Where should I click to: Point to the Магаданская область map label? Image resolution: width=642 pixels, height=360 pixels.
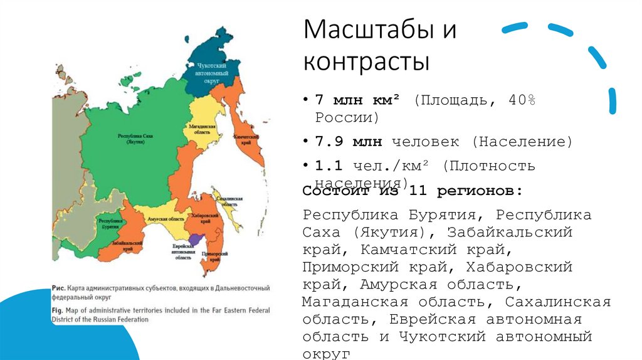pyautogui.click(x=202, y=130)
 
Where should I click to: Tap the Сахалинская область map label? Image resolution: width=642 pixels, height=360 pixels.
pyautogui.click(x=228, y=201)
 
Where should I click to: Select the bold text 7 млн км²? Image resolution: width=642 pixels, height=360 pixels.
pyautogui.click(x=360, y=100)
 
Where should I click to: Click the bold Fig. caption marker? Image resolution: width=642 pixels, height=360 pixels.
pyautogui.click(x=58, y=310)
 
